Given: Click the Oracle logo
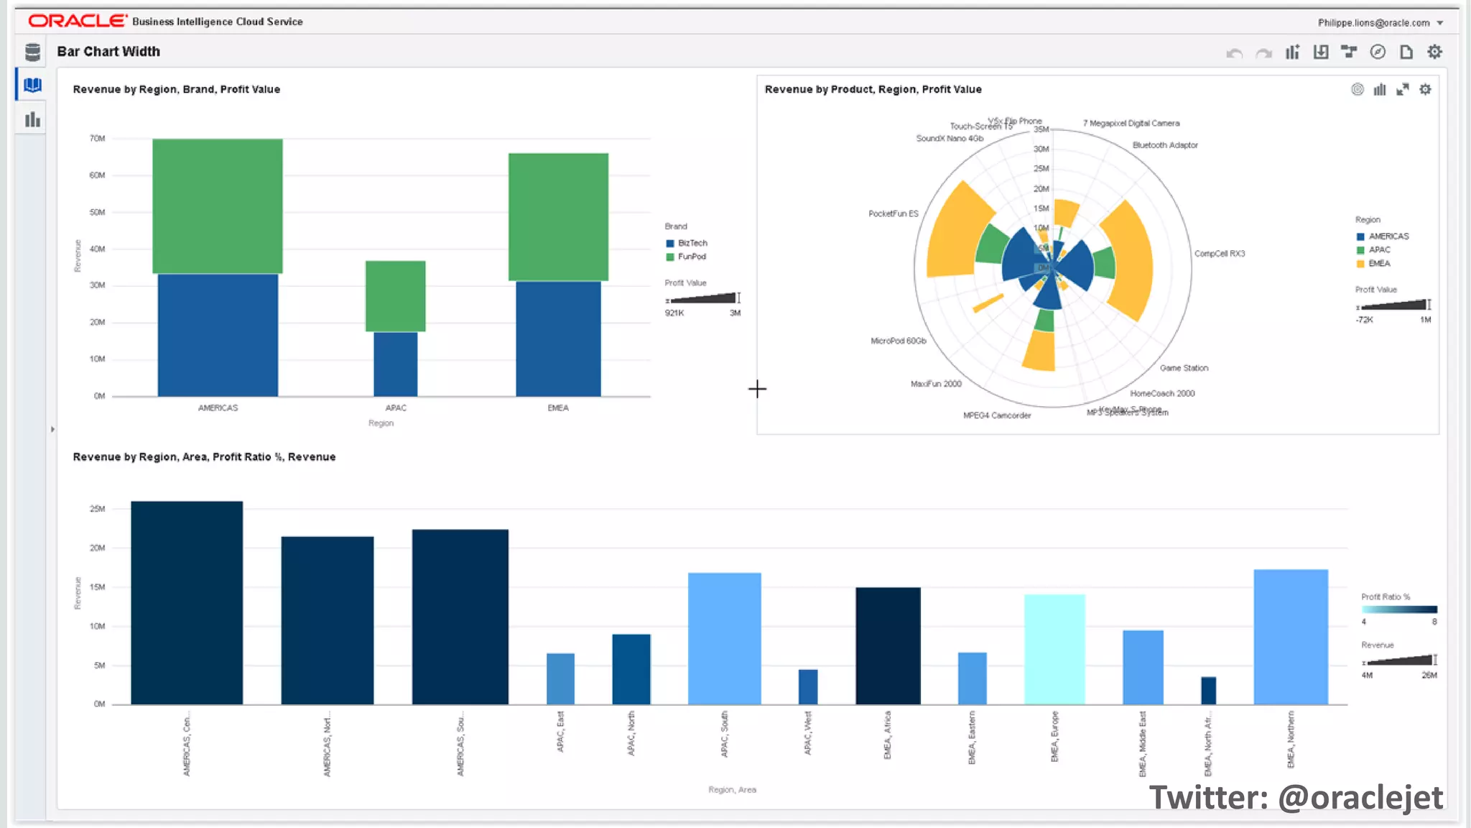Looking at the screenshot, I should (78, 21).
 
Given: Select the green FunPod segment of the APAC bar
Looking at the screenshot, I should (395, 295).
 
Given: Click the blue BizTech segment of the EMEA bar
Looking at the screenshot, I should (558, 338).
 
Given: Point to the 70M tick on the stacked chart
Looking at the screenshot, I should (98, 138).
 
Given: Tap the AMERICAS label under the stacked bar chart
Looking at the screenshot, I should (218, 408).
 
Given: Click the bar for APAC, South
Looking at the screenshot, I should (724, 638).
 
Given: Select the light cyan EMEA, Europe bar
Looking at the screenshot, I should (1054, 648).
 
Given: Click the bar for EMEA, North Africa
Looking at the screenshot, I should (1208, 690).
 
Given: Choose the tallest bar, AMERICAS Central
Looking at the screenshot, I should (187, 602).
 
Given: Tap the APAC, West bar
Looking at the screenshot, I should (807, 686).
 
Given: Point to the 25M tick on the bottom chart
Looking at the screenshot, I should (98, 509).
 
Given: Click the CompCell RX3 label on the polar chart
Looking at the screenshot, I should (1219, 254).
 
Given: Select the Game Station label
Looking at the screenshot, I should (1184, 368).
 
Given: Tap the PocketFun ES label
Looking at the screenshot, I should (893, 213).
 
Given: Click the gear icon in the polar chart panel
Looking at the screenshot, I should (1425, 89).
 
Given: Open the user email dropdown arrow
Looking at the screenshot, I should (1440, 23).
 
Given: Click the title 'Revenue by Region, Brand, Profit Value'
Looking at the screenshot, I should (176, 89).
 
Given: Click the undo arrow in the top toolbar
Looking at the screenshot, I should (1234, 52).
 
